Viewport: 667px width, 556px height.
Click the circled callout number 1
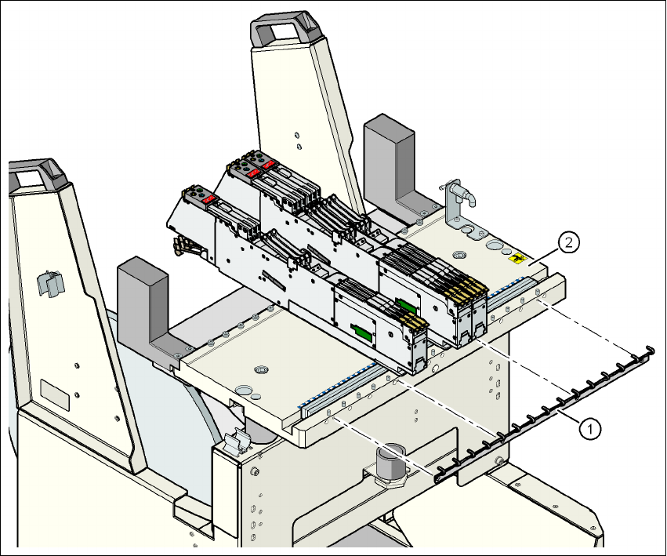coord(591,427)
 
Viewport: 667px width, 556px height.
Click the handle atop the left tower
coord(37,172)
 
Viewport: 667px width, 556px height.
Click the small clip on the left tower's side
coord(49,283)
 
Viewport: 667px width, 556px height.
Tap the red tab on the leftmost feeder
coord(209,199)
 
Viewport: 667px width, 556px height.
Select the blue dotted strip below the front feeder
coord(337,385)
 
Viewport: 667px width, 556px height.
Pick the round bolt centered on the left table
coord(261,369)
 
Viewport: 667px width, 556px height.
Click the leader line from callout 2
coord(546,255)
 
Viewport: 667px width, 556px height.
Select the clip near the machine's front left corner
coord(235,443)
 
